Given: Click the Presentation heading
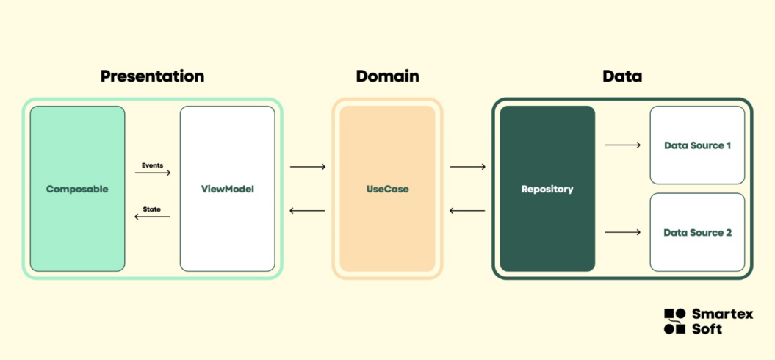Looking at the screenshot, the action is click(x=152, y=76).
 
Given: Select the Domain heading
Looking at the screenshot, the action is click(x=387, y=76).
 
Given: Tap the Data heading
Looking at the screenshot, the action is click(x=622, y=76).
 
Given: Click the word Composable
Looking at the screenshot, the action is click(x=77, y=189).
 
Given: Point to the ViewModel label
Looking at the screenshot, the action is click(x=228, y=189).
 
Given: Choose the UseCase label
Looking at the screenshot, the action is click(x=388, y=189).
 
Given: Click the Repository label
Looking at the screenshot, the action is click(x=547, y=189).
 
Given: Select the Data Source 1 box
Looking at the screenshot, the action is click(x=697, y=145).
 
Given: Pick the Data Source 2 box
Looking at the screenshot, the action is click(x=697, y=232).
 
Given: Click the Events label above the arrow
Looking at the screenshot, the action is click(x=152, y=165).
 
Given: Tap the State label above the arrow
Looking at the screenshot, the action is click(x=152, y=209).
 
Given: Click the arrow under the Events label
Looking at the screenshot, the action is click(x=153, y=173).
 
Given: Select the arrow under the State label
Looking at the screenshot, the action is click(x=152, y=217).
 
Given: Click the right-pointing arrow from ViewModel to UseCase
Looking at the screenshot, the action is click(x=308, y=167).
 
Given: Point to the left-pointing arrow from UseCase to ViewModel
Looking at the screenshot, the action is click(x=308, y=211).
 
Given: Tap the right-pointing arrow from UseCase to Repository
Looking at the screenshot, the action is click(x=467, y=167).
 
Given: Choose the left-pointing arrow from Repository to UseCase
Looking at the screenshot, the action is click(x=467, y=211).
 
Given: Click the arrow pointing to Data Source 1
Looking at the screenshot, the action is click(x=623, y=145).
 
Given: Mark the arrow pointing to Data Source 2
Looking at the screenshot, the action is click(x=623, y=232).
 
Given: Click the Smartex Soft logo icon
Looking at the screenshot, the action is click(x=674, y=321).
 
